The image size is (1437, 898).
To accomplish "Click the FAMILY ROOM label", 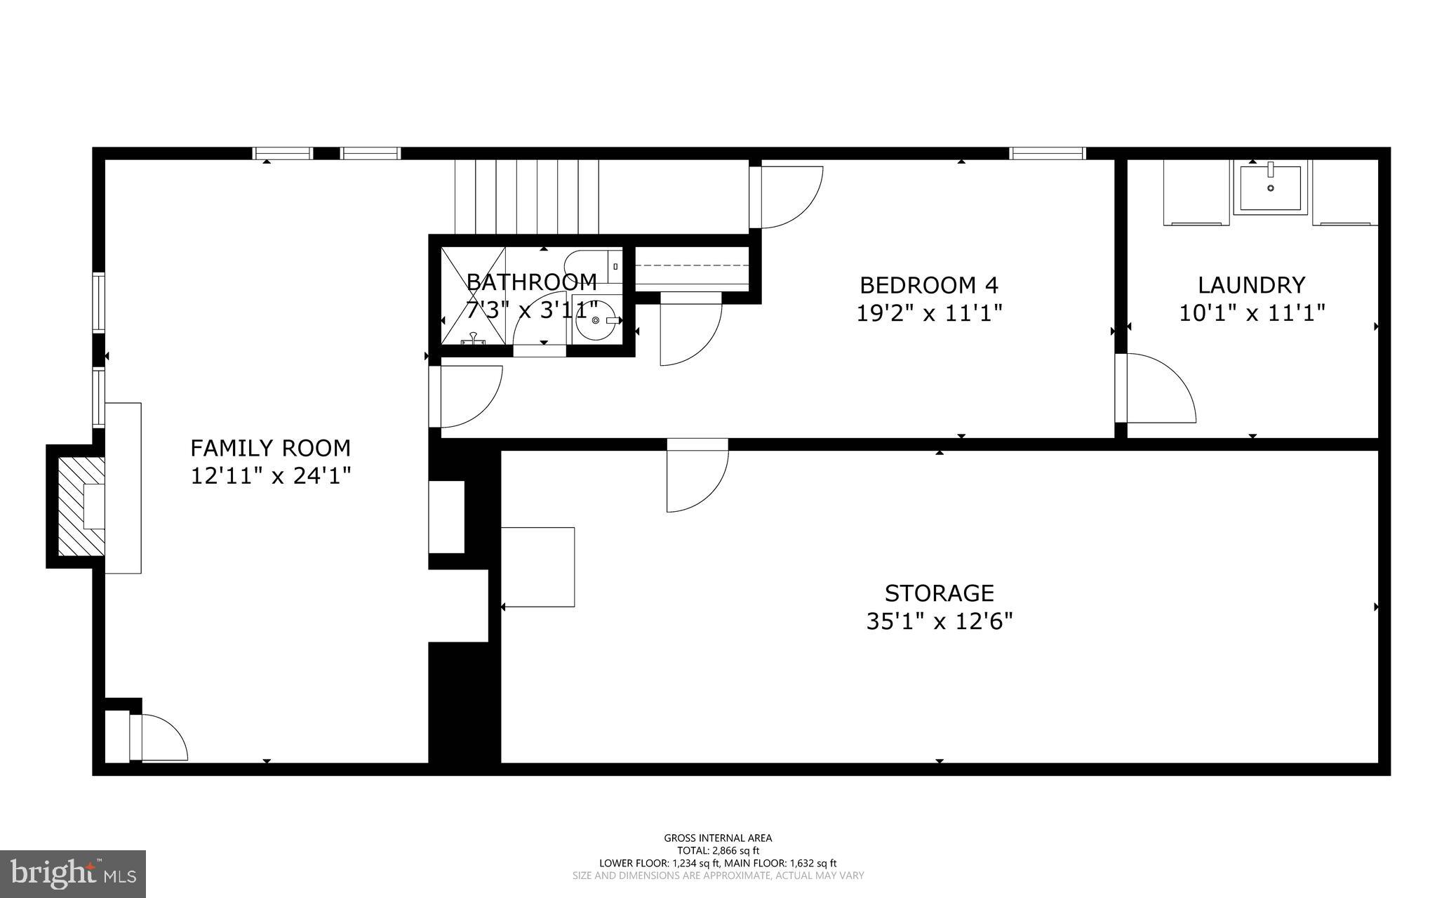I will tap(270, 448).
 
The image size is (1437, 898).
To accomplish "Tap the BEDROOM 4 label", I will tap(928, 285).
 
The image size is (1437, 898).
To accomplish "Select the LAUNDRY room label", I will tap(1251, 285).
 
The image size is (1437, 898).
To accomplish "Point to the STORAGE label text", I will tap(939, 593).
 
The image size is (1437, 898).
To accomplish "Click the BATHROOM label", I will tap(531, 282).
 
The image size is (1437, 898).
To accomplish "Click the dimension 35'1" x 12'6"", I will tap(939, 621).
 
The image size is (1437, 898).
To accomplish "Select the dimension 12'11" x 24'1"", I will tap(270, 476).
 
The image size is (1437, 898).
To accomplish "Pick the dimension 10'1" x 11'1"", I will tap(1251, 312).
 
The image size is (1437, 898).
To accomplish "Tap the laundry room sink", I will tap(1270, 187).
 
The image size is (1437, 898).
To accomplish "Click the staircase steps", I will tap(526, 197).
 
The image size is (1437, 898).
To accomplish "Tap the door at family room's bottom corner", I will tap(158, 737).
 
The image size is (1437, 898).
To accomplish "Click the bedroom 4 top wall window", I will tap(1047, 153).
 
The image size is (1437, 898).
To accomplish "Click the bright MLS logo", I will tap(73, 873).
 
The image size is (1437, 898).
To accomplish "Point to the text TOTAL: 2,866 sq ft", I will tap(718, 850).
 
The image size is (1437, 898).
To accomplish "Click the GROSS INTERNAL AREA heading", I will tap(718, 838).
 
